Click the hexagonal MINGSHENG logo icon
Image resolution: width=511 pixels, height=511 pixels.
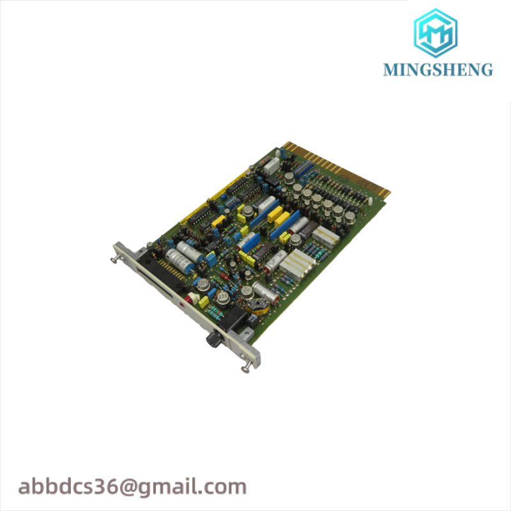436,33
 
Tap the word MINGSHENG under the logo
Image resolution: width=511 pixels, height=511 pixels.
438,70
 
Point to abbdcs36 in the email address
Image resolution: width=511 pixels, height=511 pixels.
68,487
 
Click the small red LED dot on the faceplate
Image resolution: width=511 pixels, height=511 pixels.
181,305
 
